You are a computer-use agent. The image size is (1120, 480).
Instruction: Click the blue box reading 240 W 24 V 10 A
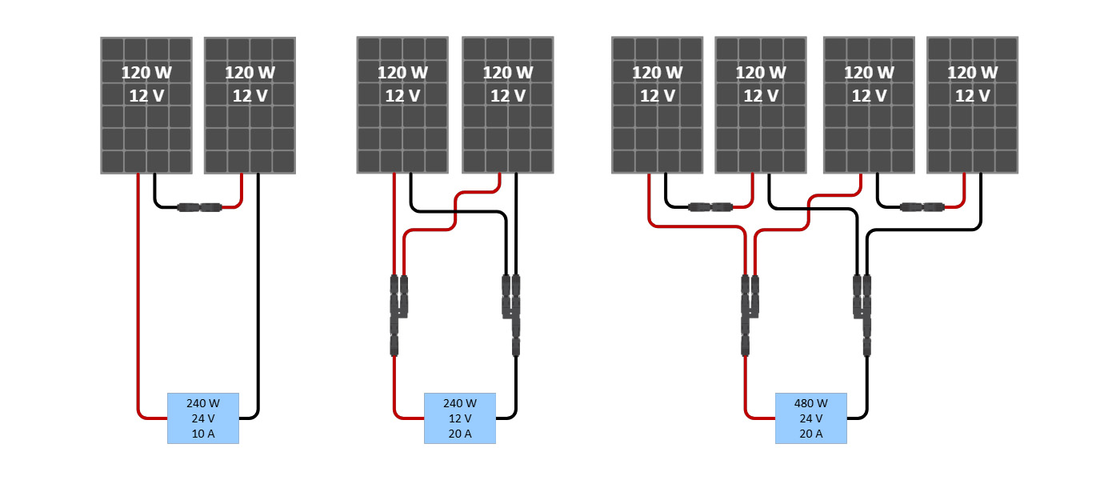tap(202, 418)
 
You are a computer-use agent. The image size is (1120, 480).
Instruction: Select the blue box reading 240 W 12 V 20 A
tap(459, 418)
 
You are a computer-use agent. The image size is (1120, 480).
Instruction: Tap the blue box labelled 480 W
tap(810, 418)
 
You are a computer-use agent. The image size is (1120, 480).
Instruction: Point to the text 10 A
tap(202, 434)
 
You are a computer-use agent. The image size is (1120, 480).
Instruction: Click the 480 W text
tap(810, 402)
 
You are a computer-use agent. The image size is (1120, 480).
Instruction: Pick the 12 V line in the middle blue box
tap(459, 418)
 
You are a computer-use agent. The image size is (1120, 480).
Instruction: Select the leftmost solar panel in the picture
tap(146, 105)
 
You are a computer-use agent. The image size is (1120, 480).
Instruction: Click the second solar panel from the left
tap(250, 105)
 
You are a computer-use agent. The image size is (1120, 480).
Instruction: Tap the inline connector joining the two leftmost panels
tap(199, 207)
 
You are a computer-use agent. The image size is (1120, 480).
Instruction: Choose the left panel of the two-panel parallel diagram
tap(402, 105)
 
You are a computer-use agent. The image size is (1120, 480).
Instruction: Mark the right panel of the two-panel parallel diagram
tap(507, 105)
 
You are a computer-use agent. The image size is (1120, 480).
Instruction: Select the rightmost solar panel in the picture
tap(972, 105)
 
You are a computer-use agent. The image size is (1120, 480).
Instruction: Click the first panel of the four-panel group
tap(657, 105)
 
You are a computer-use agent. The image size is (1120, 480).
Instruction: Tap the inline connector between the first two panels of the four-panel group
tap(710, 207)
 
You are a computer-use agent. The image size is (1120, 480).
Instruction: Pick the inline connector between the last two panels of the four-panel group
tap(922, 207)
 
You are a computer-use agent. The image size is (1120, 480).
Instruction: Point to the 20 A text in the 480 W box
tap(810, 434)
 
